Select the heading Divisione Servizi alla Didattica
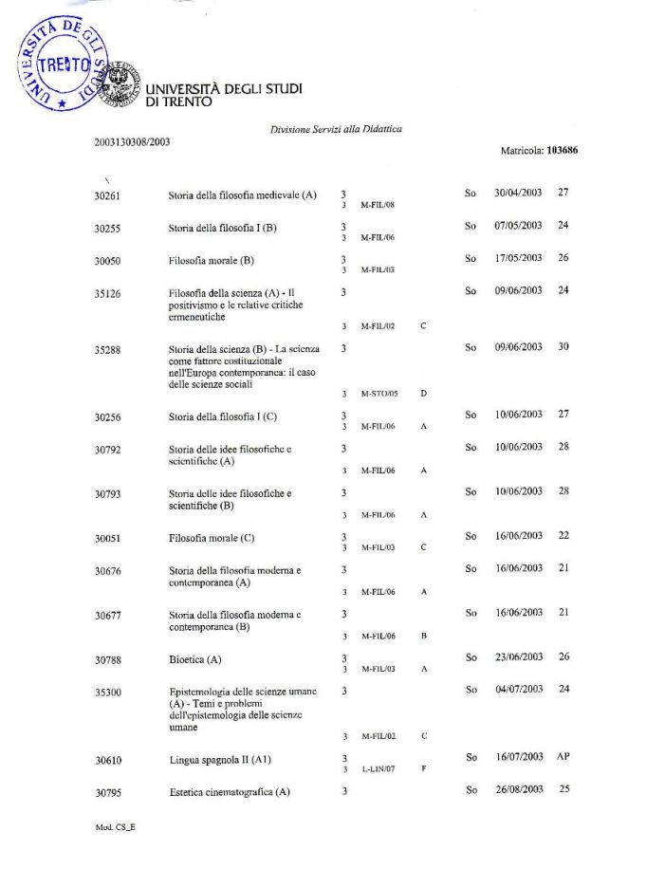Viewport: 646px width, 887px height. click(336, 129)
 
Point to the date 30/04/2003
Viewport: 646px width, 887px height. click(518, 193)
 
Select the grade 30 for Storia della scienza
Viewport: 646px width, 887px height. click(563, 346)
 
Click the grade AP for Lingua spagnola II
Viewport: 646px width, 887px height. click(563, 757)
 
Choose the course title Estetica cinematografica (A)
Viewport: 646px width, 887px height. click(229, 792)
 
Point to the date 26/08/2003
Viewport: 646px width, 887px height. click(518, 789)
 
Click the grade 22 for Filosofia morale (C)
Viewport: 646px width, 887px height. click(563, 536)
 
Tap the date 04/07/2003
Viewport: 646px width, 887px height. click(518, 688)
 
